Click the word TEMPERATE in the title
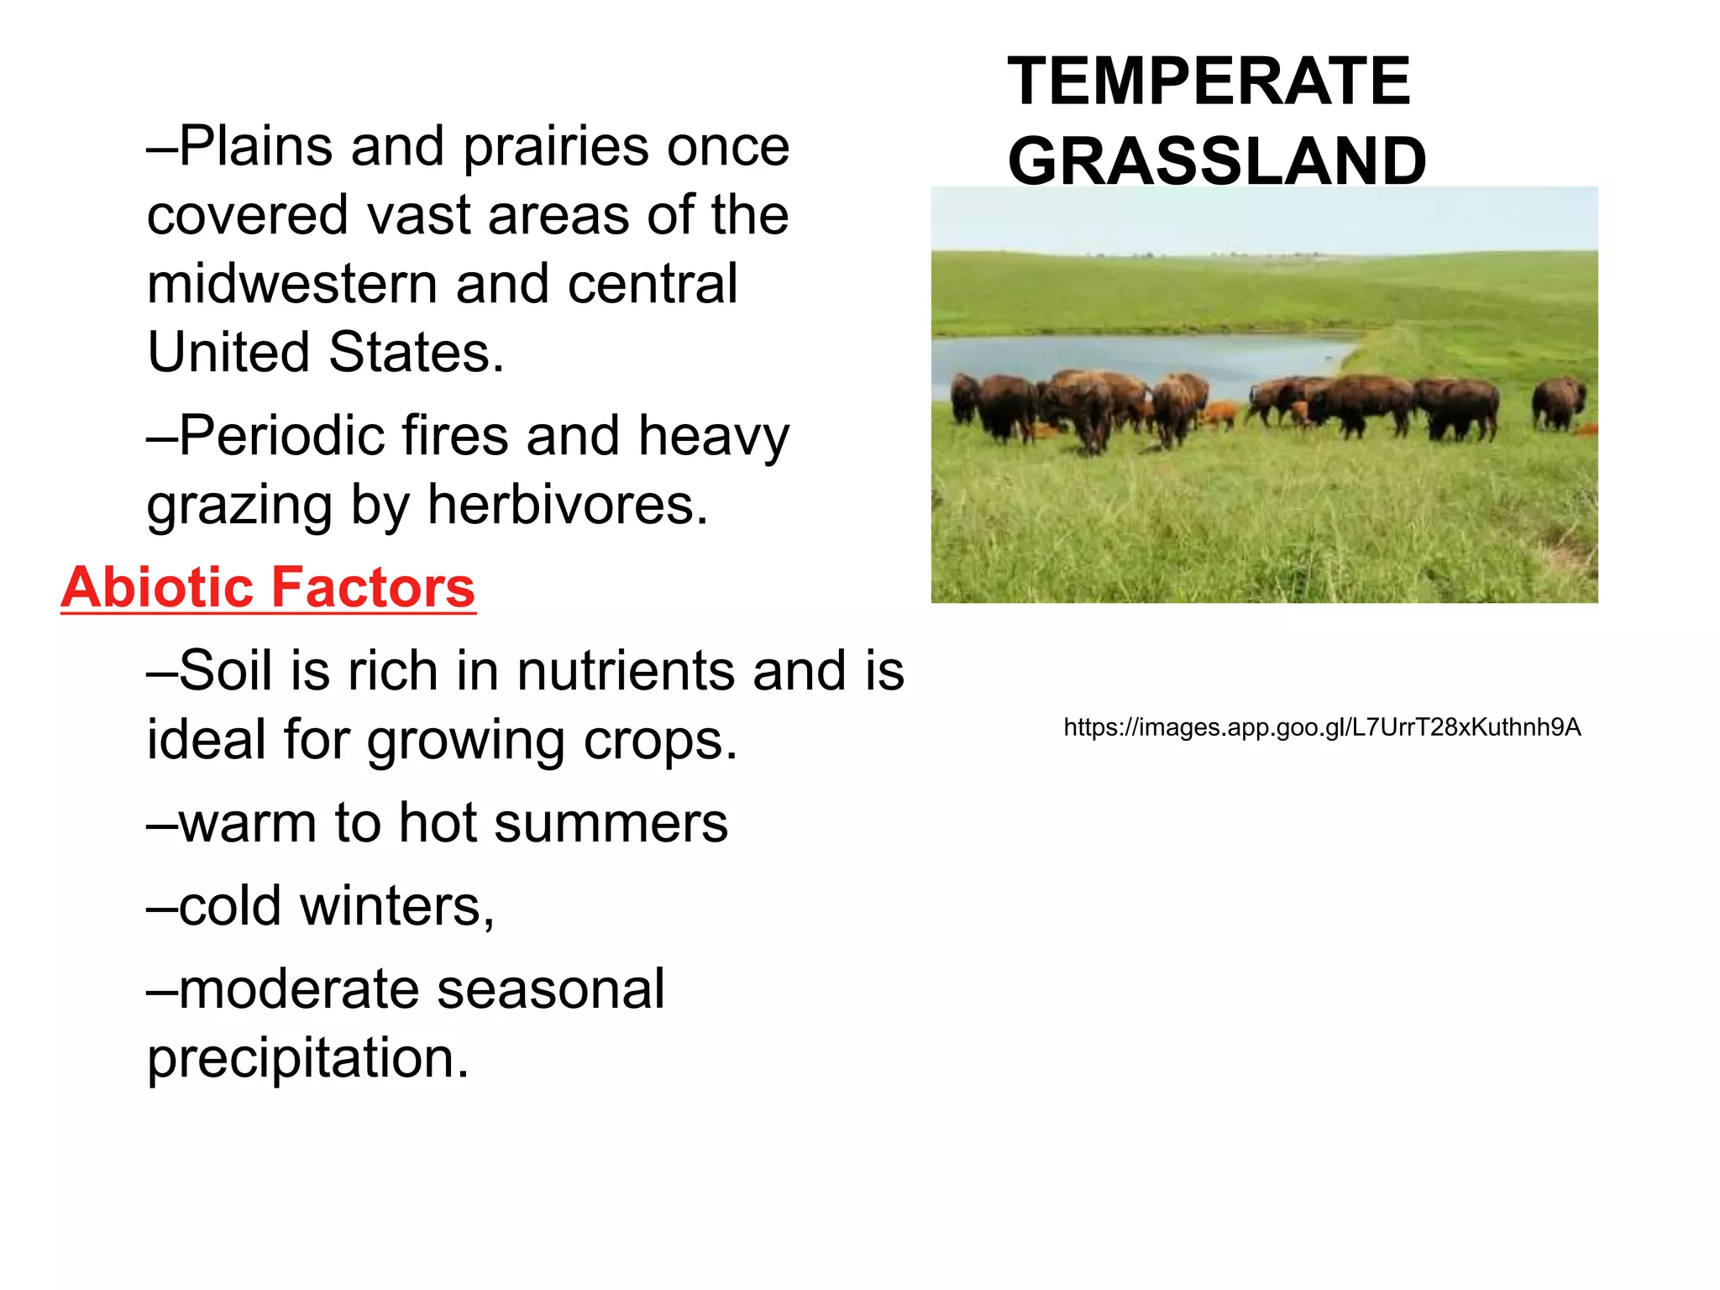[1209, 81]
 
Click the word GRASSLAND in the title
[1216, 160]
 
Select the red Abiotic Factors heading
[268, 587]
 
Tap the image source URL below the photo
[1322, 727]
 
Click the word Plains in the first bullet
[256, 147]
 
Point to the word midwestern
[292, 284]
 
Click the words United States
[325, 352]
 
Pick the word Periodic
[281, 437]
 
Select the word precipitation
[307, 1058]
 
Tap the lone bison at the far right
[1557, 403]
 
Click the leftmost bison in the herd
[966, 398]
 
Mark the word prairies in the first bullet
[556, 147]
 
